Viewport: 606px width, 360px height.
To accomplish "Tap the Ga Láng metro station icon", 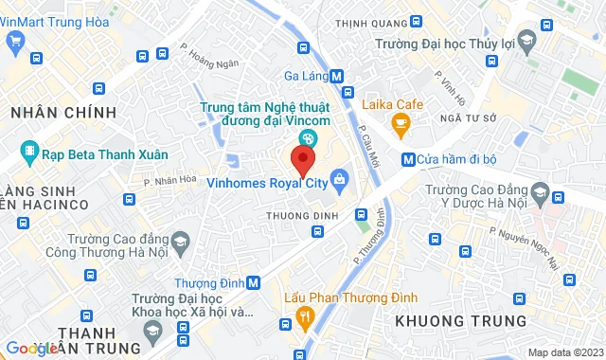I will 338,77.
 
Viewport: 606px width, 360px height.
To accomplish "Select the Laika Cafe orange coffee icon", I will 401,121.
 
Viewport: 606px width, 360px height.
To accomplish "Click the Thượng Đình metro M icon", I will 253,282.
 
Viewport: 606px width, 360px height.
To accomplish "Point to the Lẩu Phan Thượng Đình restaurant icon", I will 304,315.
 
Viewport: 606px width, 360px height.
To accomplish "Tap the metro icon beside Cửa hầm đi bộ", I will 408,159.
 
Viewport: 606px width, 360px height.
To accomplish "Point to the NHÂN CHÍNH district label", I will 63,113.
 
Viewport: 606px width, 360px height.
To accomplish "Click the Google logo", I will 33,349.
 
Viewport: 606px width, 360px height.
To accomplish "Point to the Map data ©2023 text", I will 565,352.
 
